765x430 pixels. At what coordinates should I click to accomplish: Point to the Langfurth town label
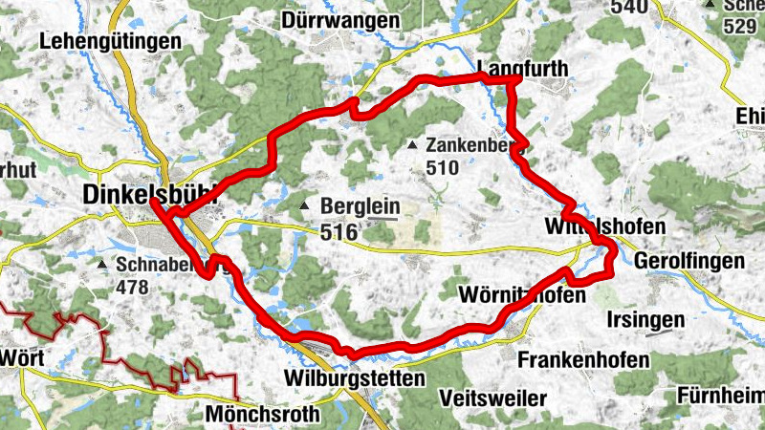pyautogui.click(x=521, y=68)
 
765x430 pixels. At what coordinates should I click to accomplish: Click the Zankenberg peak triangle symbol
pyautogui.click(x=412, y=146)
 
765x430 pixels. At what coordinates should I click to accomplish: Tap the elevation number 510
pyautogui.click(x=444, y=168)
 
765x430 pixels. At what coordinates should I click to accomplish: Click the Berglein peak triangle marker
pyautogui.click(x=304, y=207)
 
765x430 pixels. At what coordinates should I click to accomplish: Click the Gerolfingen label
pyautogui.click(x=688, y=261)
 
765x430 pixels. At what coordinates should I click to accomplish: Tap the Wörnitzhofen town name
pyautogui.click(x=521, y=295)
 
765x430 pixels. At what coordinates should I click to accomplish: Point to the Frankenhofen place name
pyautogui.click(x=583, y=360)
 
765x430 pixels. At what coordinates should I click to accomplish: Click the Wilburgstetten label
pyautogui.click(x=355, y=378)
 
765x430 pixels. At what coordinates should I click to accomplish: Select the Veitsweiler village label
pyautogui.click(x=493, y=398)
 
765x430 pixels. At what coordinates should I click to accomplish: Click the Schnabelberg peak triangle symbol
pyautogui.click(x=102, y=264)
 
